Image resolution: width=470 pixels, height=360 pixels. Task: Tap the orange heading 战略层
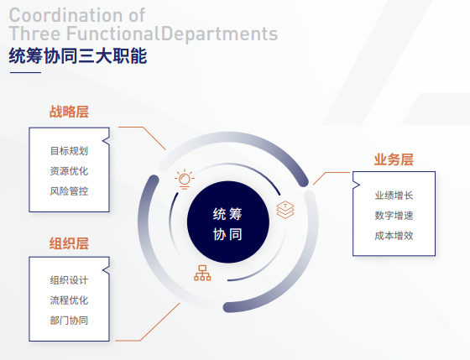(x=69, y=112)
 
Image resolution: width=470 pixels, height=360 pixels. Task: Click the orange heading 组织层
(x=69, y=243)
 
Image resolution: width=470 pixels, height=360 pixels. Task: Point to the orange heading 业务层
(x=394, y=159)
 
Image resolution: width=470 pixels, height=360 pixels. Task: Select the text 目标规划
(x=69, y=152)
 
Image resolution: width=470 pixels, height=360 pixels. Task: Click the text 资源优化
(x=69, y=171)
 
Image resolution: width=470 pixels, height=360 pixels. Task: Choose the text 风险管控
(x=69, y=190)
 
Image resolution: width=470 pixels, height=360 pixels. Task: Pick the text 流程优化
(x=69, y=300)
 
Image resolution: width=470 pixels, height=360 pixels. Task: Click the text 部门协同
(x=69, y=320)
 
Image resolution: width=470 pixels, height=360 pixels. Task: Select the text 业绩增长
(x=394, y=196)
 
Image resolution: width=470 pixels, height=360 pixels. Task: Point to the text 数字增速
(x=394, y=216)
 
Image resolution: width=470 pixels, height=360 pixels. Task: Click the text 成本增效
(x=394, y=235)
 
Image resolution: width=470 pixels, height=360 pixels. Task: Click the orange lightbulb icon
(x=184, y=179)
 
